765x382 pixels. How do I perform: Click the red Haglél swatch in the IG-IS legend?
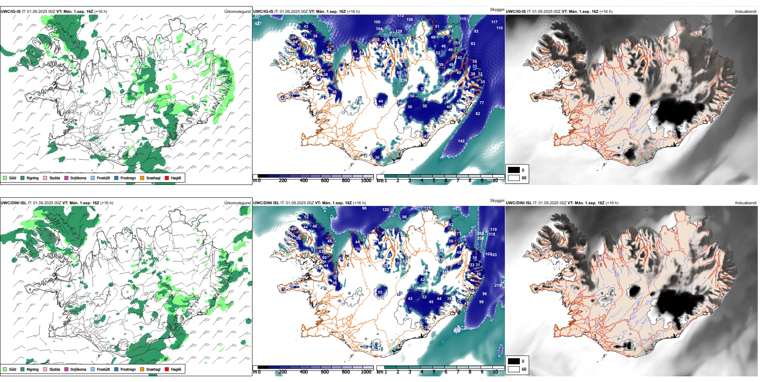pyautogui.click(x=167, y=178)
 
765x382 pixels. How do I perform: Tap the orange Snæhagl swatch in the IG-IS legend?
pyautogui.click(x=142, y=178)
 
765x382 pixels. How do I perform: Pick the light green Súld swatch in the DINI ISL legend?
pyautogui.click(x=5, y=369)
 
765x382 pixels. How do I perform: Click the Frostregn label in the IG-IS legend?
pyautogui.click(x=128, y=178)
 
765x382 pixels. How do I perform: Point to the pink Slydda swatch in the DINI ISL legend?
pyautogui.click(x=45, y=369)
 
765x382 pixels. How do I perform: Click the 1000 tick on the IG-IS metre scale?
pyautogui.click(x=366, y=181)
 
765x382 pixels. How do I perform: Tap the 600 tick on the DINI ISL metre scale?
pyautogui.click(x=325, y=372)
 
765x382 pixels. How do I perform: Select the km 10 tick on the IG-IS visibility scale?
pyautogui.click(x=495, y=181)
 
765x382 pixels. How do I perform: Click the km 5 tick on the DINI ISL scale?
pyautogui.click(x=434, y=372)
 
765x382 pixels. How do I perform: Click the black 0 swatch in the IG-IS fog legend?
pyautogui.click(x=514, y=170)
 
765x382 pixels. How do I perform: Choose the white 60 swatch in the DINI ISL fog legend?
pyautogui.click(x=514, y=369)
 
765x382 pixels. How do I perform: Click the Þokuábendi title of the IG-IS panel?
pyautogui.click(x=746, y=12)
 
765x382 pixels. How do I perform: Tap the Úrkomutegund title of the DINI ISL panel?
pyautogui.click(x=238, y=203)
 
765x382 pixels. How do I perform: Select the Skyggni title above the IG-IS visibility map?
pyautogui.click(x=497, y=9)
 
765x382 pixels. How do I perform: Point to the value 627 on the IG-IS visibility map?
pyautogui.click(x=258, y=24)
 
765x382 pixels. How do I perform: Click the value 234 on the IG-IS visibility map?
pyautogui.click(x=403, y=80)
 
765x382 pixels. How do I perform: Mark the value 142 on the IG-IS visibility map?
pyautogui.click(x=461, y=141)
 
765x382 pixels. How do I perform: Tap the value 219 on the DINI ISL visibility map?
pyautogui.click(x=498, y=285)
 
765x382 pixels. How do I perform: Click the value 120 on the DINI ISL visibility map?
pyautogui.click(x=386, y=210)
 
